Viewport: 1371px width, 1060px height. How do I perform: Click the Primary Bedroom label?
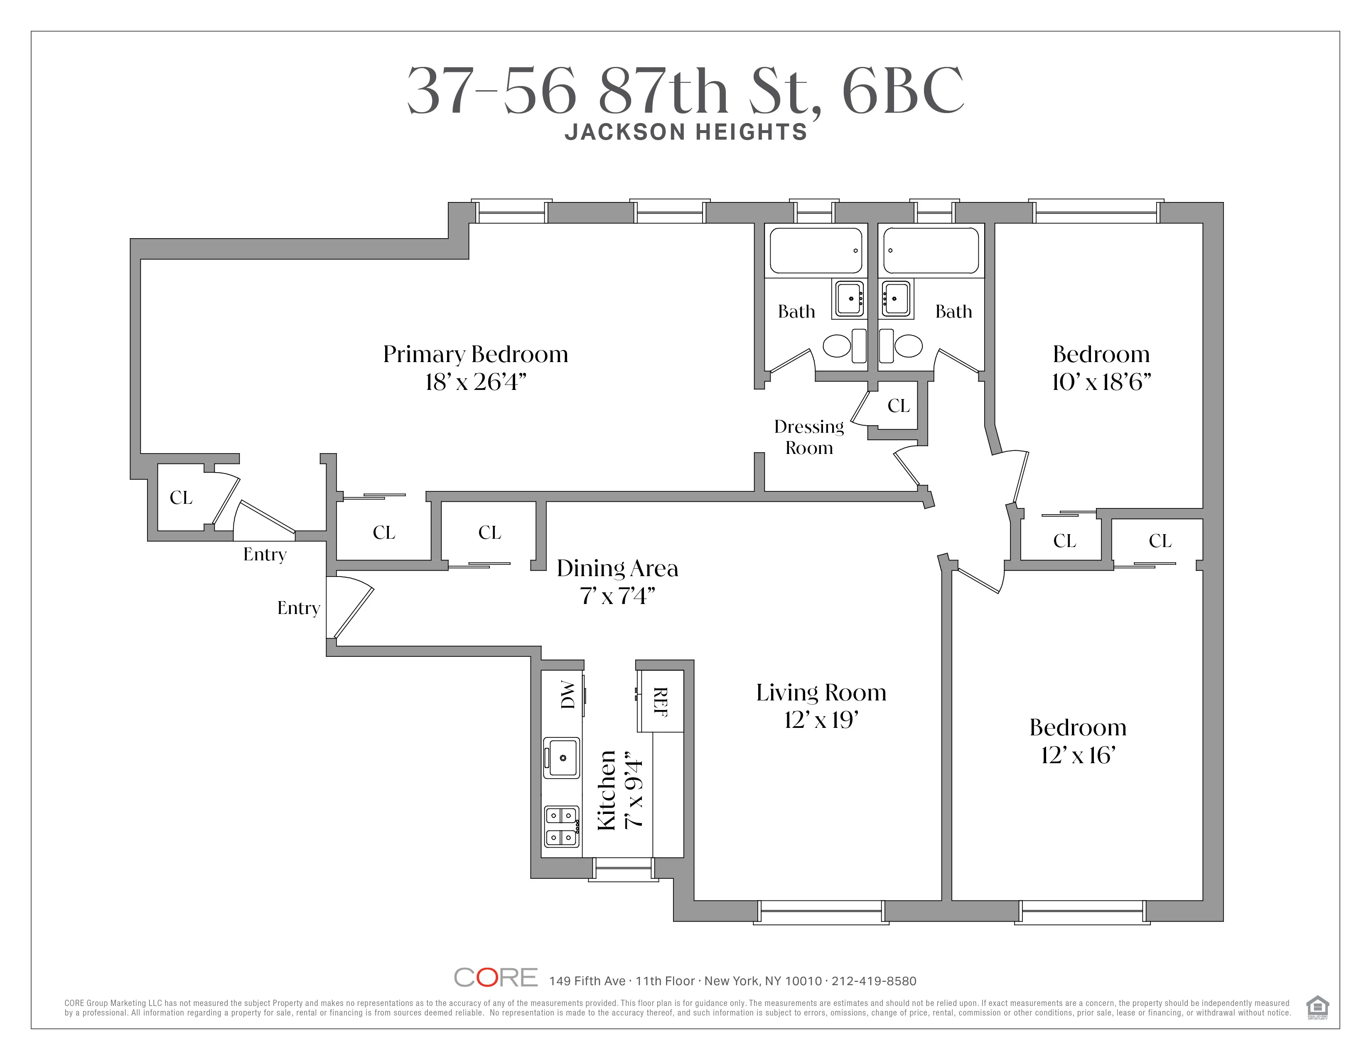(475, 354)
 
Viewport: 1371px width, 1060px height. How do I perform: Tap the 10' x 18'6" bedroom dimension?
(1101, 382)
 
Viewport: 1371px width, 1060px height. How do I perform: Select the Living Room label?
(821, 693)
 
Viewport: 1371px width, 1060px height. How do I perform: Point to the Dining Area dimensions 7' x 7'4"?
(617, 595)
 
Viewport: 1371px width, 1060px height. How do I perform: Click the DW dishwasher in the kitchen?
(567, 695)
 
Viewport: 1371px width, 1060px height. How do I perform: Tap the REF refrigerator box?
(661, 701)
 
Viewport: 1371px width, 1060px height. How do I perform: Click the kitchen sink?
(561, 757)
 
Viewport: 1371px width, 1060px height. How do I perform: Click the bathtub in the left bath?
(816, 251)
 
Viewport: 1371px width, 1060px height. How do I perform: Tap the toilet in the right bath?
(907, 345)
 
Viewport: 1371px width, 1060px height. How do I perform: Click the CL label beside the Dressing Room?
(898, 406)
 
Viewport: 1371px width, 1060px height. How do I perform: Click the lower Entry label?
(298, 608)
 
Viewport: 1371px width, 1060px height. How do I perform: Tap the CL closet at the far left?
(181, 497)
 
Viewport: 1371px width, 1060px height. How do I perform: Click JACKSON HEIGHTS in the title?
(685, 132)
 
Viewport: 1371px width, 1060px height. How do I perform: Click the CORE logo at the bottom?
(495, 977)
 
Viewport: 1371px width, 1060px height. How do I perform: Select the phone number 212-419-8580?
(874, 981)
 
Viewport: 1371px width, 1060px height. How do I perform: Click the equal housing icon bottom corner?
(1317, 1007)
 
